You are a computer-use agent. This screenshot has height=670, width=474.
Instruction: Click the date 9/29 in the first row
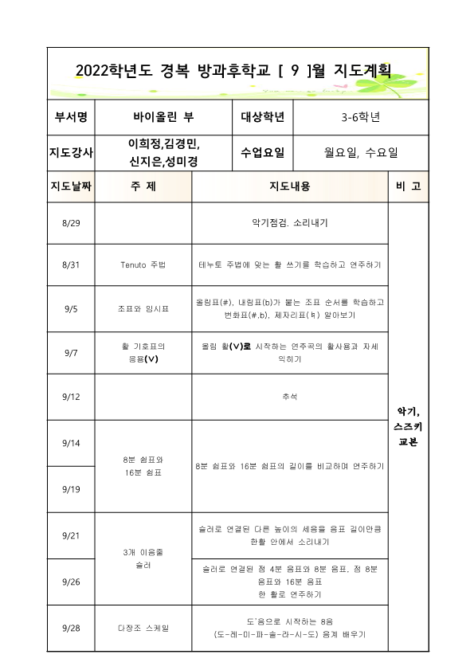pyautogui.click(x=71, y=223)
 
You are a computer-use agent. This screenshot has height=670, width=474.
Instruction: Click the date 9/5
pyautogui.click(x=71, y=308)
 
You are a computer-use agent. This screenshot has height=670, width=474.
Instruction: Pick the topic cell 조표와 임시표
pyautogui.click(x=143, y=308)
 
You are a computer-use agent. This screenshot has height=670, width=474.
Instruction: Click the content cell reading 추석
pyautogui.click(x=289, y=396)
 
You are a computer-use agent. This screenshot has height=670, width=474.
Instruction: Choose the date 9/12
pyautogui.click(x=71, y=396)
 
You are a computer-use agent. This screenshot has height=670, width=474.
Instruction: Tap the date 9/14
pyautogui.click(x=71, y=442)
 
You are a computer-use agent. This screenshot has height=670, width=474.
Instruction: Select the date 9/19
pyautogui.click(x=71, y=489)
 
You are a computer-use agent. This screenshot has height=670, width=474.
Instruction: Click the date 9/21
pyautogui.click(x=71, y=535)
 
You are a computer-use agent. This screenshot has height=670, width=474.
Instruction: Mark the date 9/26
pyautogui.click(x=71, y=582)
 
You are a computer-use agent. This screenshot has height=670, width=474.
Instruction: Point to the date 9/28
pyautogui.click(x=71, y=628)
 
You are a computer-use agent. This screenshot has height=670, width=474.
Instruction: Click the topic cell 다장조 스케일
pyautogui.click(x=143, y=628)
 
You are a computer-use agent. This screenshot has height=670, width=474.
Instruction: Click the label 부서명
pyautogui.click(x=71, y=117)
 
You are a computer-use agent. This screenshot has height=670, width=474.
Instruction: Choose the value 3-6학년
pyautogui.click(x=360, y=117)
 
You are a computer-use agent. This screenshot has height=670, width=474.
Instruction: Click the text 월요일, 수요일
pyautogui.click(x=360, y=152)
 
